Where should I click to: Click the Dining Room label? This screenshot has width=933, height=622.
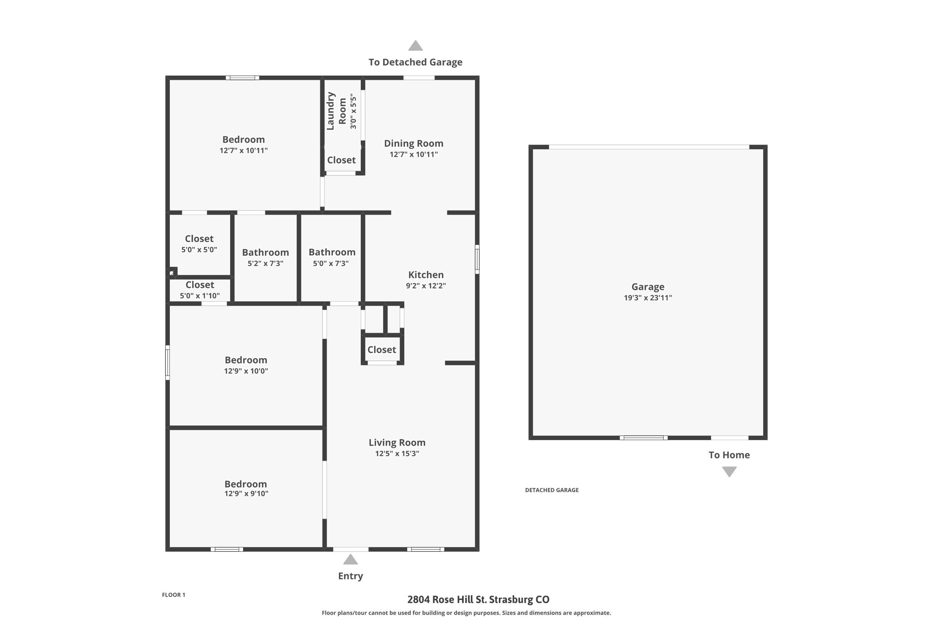tap(414, 144)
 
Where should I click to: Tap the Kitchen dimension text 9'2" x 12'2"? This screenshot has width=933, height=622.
tap(426, 286)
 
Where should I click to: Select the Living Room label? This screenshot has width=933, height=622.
tap(397, 442)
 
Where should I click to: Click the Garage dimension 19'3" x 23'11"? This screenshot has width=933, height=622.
tap(648, 298)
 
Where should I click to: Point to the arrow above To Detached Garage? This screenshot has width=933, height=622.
tap(415, 46)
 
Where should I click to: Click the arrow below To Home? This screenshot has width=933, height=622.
tap(729, 472)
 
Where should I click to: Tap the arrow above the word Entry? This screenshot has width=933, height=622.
tap(350, 559)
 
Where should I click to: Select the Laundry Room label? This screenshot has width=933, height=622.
tap(337, 111)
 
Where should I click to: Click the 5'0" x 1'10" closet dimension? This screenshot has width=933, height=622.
tap(200, 296)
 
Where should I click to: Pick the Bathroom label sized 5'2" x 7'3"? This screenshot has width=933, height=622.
tap(266, 252)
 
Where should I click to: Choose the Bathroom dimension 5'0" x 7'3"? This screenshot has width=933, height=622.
tap(331, 263)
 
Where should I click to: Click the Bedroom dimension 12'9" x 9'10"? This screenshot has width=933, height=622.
tap(246, 493)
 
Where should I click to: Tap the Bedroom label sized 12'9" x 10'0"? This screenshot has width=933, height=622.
tap(246, 360)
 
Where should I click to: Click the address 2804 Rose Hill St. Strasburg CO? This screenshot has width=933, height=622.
tap(478, 600)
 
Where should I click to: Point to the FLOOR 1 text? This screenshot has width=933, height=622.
tap(174, 595)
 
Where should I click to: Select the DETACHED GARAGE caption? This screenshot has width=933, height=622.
tap(552, 490)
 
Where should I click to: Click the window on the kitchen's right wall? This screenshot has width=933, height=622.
tap(477, 259)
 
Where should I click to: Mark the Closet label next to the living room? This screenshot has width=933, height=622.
tap(382, 350)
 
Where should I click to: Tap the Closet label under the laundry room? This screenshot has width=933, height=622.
tap(341, 160)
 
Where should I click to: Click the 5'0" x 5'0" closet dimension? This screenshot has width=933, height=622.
tap(199, 250)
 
